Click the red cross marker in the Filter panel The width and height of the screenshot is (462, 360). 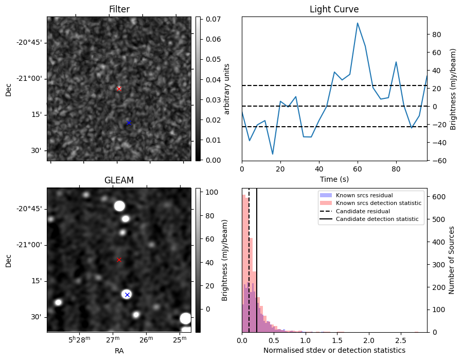(119, 89)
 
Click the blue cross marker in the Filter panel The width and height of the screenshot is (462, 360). (129, 123)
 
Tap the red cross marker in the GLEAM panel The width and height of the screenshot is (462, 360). (119, 260)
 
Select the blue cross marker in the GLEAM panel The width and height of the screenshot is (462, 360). (127, 295)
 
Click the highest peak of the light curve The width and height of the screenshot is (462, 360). (358, 23)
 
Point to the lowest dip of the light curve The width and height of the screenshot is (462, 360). (273, 154)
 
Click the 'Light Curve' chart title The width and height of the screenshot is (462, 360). (334, 9)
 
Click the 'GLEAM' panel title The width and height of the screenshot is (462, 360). (119, 180)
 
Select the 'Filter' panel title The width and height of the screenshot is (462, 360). (119, 9)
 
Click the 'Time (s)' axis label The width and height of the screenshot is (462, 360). (334, 178)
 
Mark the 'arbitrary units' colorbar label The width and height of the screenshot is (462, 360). (227, 89)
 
